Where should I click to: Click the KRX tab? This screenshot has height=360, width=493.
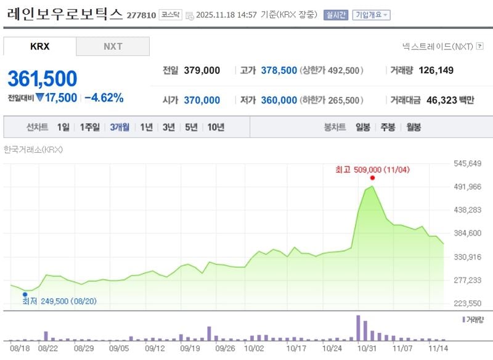(39, 46)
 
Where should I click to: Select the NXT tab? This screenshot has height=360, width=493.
(113, 46)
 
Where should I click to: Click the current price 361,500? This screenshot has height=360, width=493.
(43, 79)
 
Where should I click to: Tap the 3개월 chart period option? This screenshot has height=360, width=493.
(120, 128)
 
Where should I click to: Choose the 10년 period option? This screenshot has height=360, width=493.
(216, 128)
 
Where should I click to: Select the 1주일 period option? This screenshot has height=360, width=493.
(90, 128)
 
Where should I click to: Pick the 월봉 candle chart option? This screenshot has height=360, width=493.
(413, 128)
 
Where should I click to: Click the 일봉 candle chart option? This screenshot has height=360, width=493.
(363, 128)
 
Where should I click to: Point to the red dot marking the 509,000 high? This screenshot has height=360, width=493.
(372, 178)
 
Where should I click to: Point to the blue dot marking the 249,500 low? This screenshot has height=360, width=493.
(25, 295)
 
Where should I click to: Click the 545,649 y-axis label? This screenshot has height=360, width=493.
(467, 163)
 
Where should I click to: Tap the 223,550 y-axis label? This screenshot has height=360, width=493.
(467, 303)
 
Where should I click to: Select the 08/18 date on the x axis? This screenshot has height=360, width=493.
(20, 348)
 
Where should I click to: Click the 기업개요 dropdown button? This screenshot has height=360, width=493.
(371, 15)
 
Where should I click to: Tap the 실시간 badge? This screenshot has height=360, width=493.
(336, 15)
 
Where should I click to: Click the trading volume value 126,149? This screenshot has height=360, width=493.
(436, 70)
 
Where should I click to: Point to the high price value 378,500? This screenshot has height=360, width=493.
(279, 70)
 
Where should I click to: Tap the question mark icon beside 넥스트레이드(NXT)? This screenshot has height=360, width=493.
(479, 46)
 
